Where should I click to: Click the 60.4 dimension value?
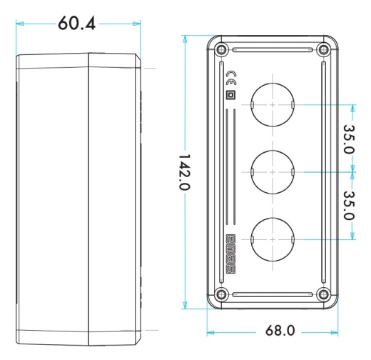point(76,24)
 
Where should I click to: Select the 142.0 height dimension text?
point(184,172)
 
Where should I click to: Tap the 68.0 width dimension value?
point(280,331)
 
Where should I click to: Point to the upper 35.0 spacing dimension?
point(349,139)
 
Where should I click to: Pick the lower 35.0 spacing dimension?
point(349,206)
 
